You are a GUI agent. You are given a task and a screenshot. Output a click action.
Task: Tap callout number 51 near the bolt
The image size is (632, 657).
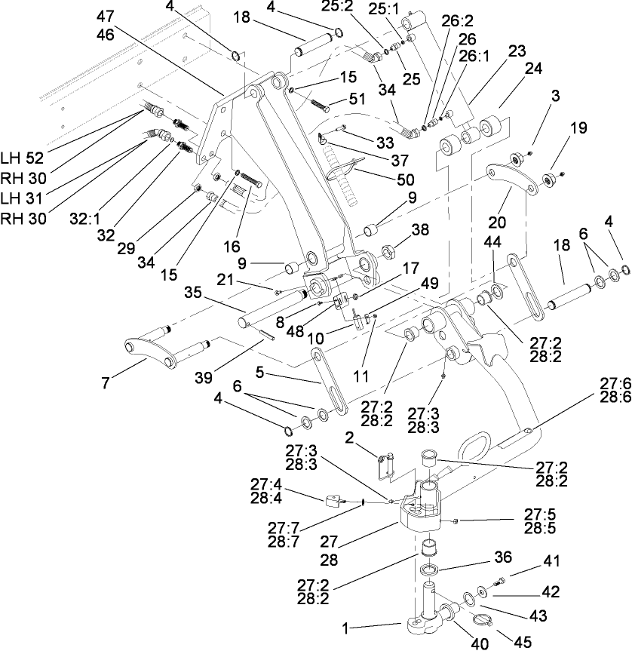click(x=357, y=99)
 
